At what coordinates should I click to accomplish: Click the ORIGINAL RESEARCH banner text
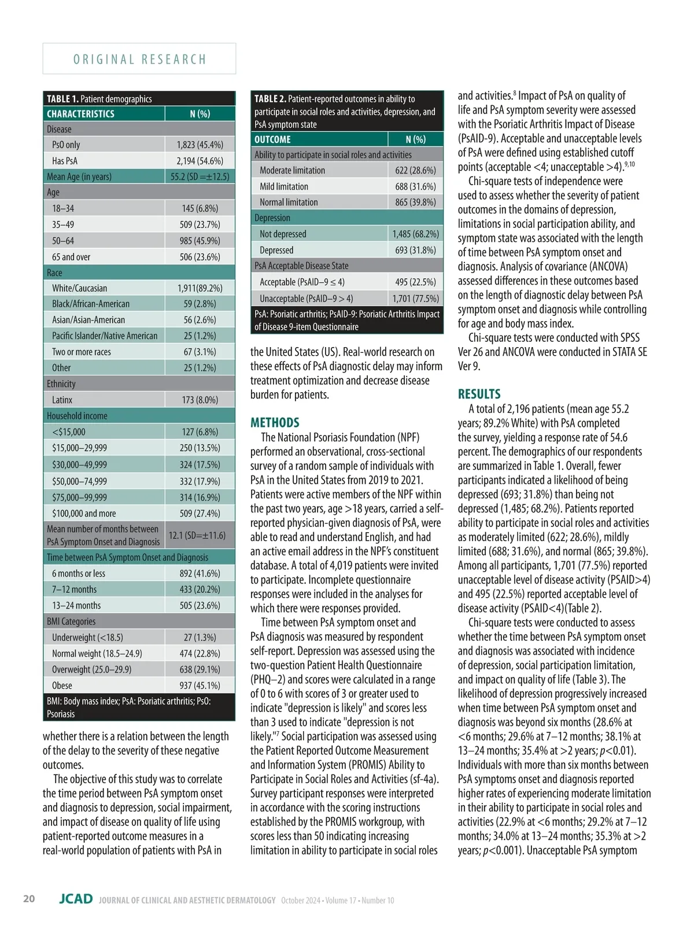[x=139, y=59]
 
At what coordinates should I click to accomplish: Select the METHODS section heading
[x=275, y=422]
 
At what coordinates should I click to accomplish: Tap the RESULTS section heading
[x=479, y=394]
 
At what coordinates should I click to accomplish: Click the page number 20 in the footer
[x=29, y=898]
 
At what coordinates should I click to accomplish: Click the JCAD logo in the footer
[x=76, y=899]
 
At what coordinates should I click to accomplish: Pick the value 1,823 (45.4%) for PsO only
[x=200, y=145]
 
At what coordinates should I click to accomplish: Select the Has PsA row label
[x=64, y=161]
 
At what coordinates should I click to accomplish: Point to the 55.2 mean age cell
[x=200, y=176]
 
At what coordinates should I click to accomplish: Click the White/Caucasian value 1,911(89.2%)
[x=200, y=288]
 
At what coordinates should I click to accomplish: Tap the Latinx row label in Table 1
[x=62, y=400]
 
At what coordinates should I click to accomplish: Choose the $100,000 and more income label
[x=83, y=513]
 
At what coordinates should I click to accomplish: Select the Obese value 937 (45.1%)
[x=200, y=685]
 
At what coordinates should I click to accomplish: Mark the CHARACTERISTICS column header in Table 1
[x=80, y=114]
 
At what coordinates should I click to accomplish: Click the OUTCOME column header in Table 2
[x=272, y=139]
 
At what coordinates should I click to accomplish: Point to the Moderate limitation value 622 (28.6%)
[x=415, y=170]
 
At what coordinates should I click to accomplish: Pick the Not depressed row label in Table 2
[x=283, y=234]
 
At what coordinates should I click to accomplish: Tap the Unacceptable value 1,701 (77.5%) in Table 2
[x=415, y=298]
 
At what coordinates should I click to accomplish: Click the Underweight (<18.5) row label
[x=87, y=637]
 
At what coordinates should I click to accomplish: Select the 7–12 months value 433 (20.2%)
[x=200, y=589]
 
